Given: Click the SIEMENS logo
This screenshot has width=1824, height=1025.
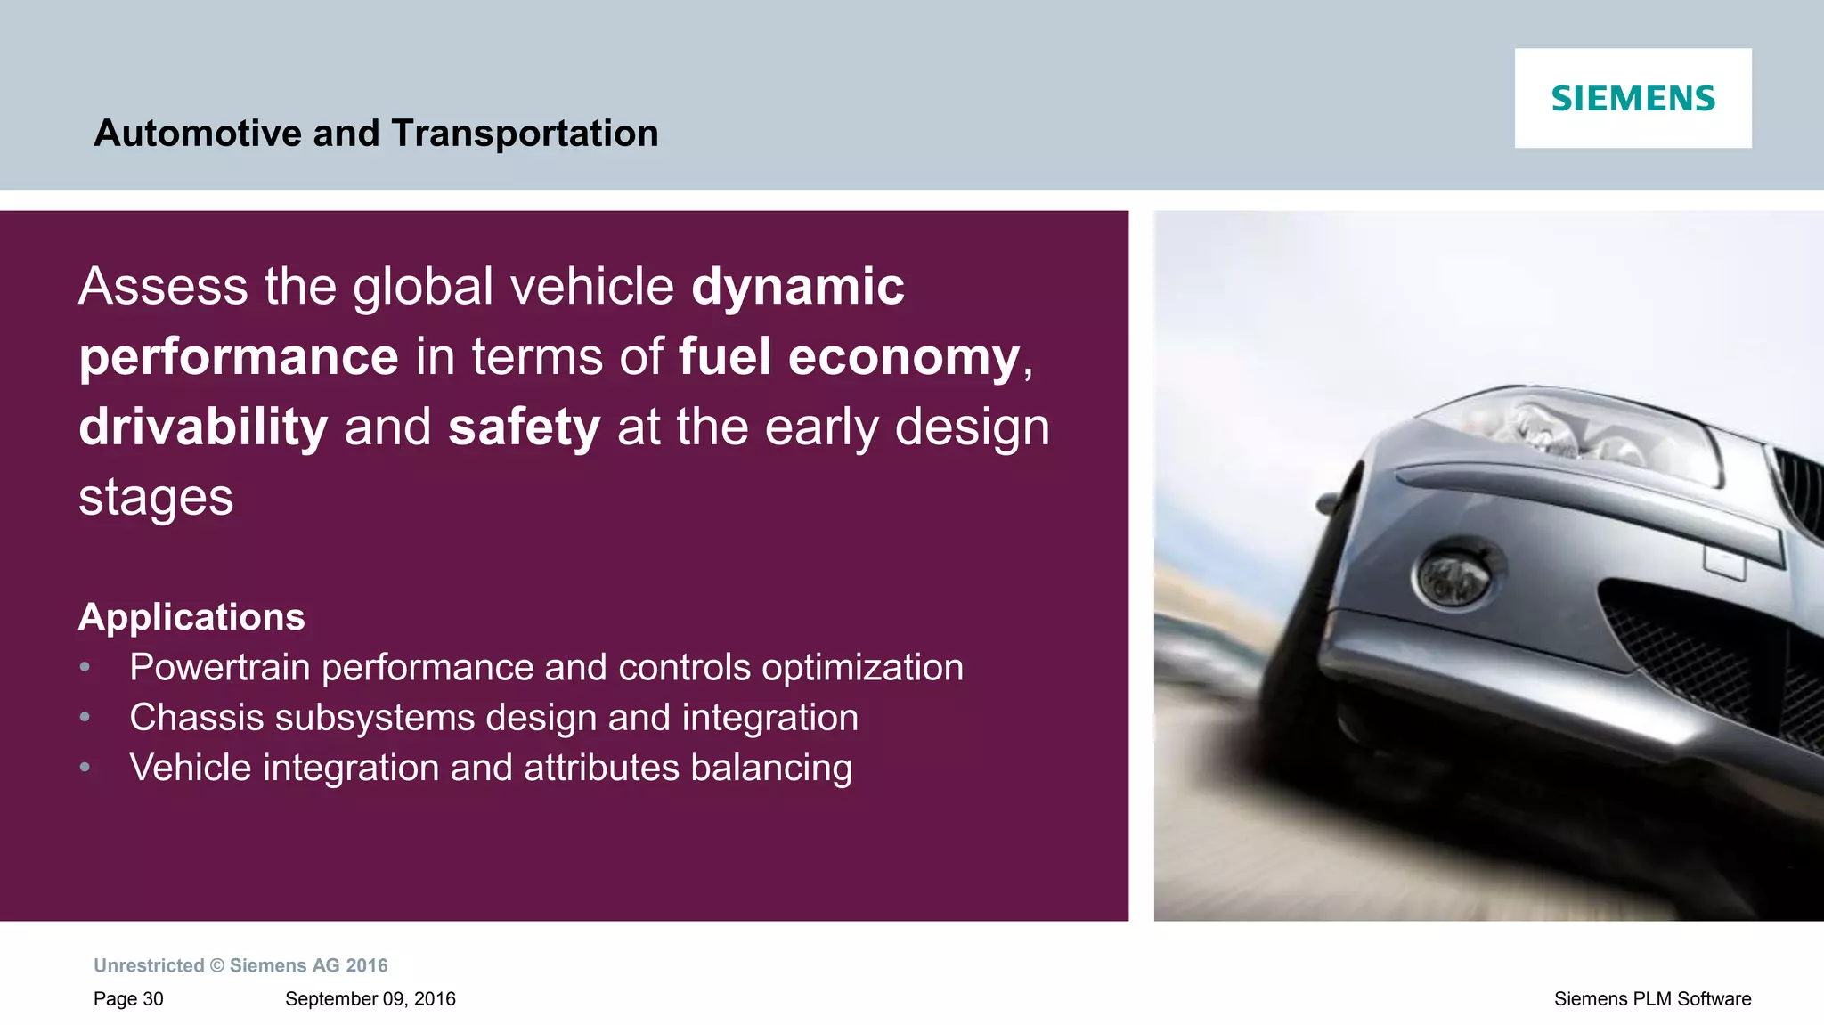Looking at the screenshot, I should point(1633,99).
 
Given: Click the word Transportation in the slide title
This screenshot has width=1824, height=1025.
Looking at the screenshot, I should point(525,134).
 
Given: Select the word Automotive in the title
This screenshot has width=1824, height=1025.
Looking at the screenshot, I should point(198,134).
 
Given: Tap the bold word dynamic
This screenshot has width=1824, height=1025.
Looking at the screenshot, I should point(797,287).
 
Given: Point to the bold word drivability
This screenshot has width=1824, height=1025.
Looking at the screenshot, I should point(203,427).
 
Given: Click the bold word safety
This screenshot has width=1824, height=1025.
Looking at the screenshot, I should point(524,427).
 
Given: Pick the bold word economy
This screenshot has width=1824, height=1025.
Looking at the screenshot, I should point(903,357).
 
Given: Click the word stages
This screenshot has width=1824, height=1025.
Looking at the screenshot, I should point(156,497).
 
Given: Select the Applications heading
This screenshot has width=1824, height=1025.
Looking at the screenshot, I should point(191,617).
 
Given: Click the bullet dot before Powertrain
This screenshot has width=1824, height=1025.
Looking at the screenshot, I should point(85,667).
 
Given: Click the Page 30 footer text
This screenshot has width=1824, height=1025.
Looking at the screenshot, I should point(128,999).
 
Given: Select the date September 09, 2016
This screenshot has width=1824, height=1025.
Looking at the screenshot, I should point(370,999).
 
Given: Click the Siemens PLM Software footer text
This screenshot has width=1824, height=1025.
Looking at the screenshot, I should point(1652,999).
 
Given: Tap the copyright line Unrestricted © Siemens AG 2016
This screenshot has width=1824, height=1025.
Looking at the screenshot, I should point(240,966).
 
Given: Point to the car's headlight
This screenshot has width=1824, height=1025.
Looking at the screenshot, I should point(1567,427).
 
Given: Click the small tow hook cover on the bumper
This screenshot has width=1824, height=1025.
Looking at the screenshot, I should point(1724,562).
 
